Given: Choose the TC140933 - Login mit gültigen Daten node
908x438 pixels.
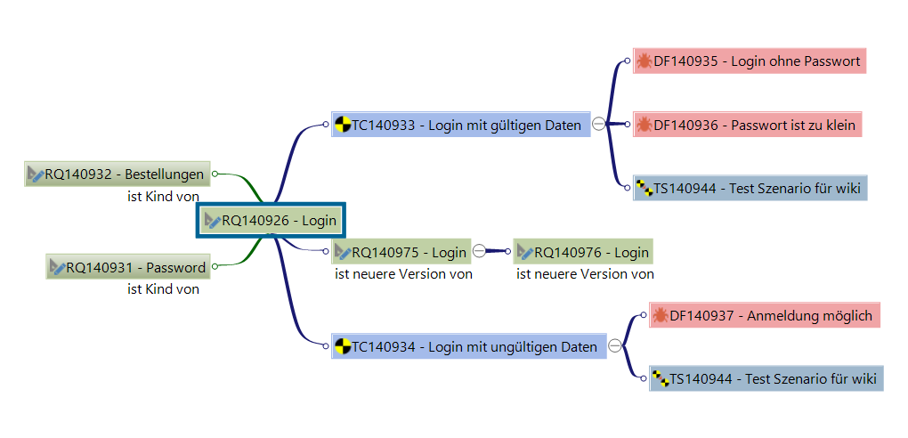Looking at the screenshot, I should [461, 126].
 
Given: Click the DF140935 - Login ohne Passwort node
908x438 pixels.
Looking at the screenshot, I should [750, 61].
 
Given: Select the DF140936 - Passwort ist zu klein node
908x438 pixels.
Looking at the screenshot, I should [748, 126].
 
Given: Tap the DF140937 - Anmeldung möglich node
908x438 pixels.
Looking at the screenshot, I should [764, 315].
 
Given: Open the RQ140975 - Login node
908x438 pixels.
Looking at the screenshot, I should [401, 252].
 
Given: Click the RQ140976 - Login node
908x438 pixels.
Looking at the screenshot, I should [583, 252].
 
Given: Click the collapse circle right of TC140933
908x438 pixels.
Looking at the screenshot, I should [599, 125].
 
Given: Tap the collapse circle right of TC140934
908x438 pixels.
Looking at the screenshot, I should [615, 346].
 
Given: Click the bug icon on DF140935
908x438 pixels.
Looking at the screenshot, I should [644, 61].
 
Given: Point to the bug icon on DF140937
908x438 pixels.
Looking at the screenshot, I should [660, 315].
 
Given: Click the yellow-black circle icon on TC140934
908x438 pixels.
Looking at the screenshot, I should [342, 346].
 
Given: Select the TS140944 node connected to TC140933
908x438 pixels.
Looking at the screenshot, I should [750, 188].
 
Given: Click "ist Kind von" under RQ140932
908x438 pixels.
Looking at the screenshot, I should [163, 196].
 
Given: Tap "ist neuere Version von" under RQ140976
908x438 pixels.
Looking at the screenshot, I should [585, 274].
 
